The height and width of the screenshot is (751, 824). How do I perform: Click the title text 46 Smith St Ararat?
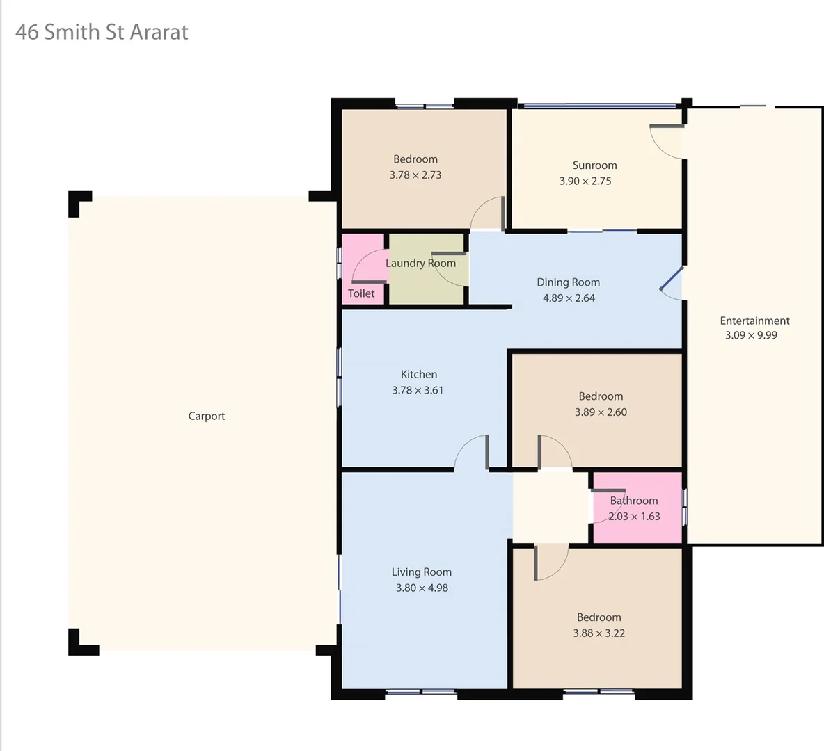pyautogui.click(x=102, y=32)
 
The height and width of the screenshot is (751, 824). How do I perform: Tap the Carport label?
pyautogui.click(x=207, y=416)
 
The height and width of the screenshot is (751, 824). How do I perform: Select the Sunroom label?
pyautogui.click(x=594, y=165)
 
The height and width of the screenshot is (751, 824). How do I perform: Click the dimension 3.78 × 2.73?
pyautogui.click(x=415, y=175)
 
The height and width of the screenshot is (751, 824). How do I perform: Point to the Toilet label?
pyautogui.click(x=361, y=293)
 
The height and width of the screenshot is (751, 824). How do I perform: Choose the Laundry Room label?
pyautogui.click(x=420, y=263)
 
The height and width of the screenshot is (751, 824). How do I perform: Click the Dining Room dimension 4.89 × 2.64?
pyautogui.click(x=569, y=298)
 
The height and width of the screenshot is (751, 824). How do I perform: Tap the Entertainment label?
pyautogui.click(x=754, y=321)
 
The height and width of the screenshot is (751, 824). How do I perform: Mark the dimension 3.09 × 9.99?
pyautogui.click(x=751, y=335)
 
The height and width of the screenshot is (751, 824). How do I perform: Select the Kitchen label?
pyautogui.click(x=419, y=374)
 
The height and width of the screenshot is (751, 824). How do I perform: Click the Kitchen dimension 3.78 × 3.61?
pyautogui.click(x=418, y=390)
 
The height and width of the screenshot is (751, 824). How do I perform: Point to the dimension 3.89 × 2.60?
pyautogui.click(x=601, y=412)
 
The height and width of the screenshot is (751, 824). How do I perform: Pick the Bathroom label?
pyautogui.click(x=633, y=501)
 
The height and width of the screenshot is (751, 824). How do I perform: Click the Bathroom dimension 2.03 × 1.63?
pyautogui.click(x=634, y=517)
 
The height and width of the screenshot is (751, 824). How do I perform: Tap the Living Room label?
pyautogui.click(x=421, y=572)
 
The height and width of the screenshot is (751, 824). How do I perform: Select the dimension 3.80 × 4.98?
pyautogui.click(x=422, y=588)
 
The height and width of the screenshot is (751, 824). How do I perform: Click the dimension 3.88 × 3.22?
pyautogui.click(x=599, y=633)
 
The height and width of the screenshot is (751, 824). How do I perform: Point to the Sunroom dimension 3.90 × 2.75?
pyautogui.click(x=585, y=181)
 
